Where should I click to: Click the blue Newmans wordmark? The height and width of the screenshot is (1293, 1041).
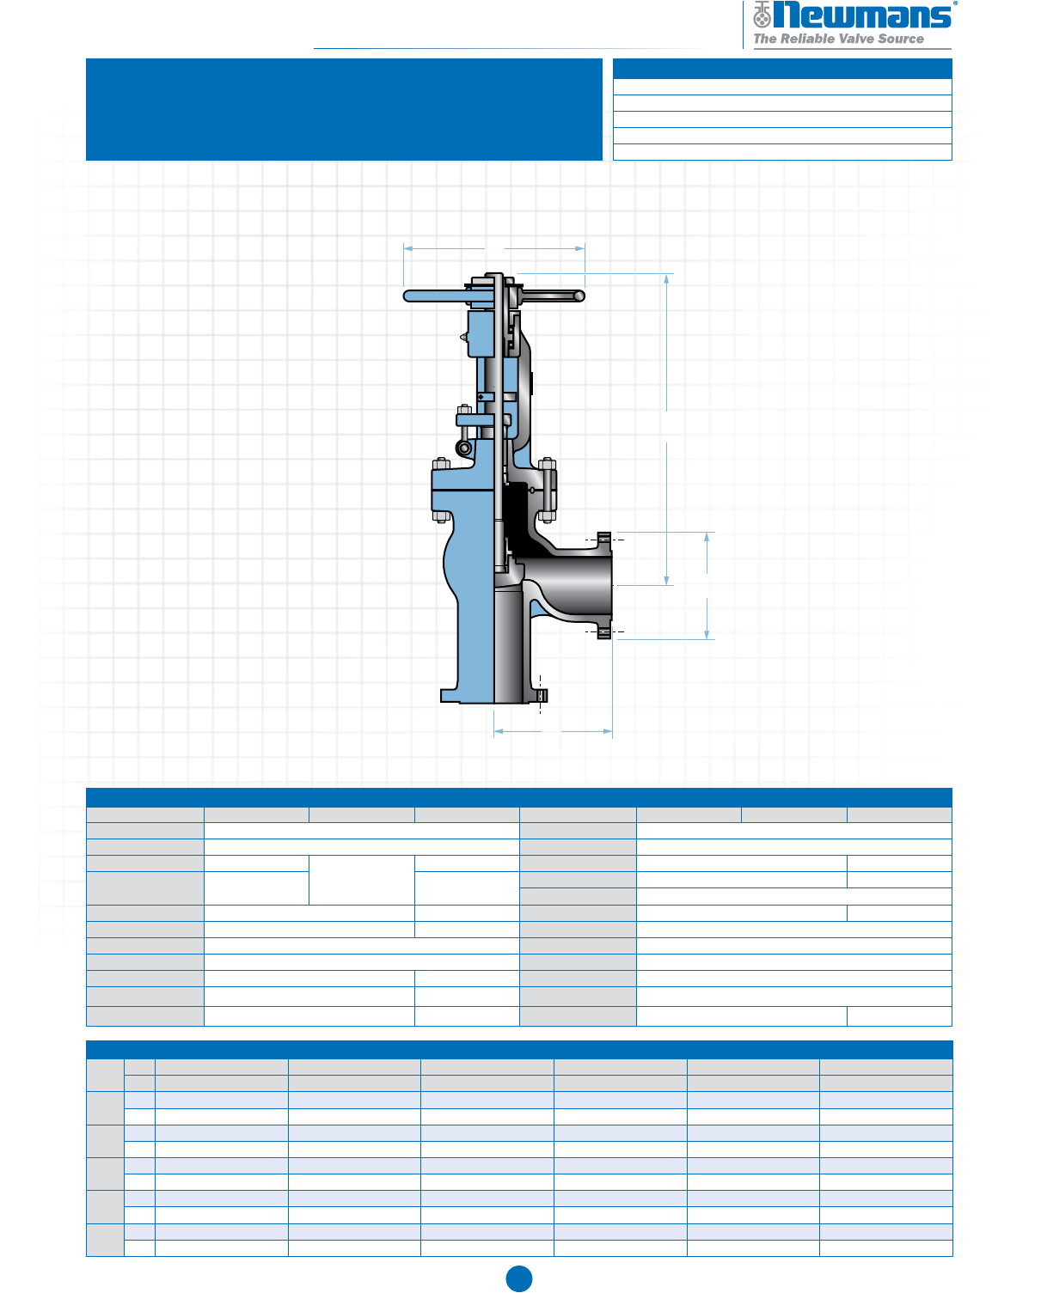click(x=862, y=15)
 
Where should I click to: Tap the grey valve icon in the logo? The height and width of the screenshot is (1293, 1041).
click(x=762, y=15)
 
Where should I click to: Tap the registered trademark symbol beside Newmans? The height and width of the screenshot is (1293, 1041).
click(x=955, y=3)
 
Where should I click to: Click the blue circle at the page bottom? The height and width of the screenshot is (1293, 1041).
click(x=519, y=1279)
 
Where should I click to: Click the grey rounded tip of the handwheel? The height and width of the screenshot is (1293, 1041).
click(x=579, y=296)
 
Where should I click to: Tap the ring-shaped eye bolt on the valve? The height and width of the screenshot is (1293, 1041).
click(x=463, y=448)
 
